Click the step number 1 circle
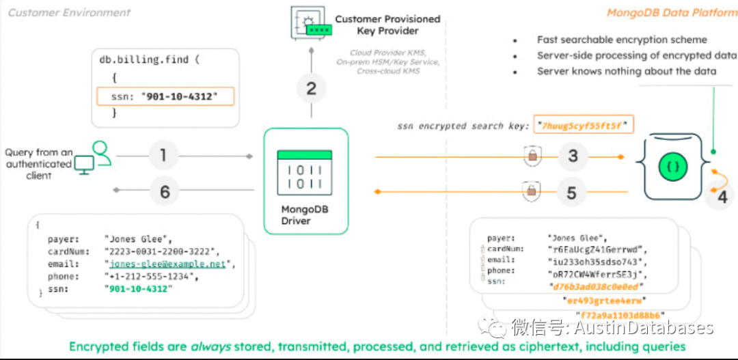coord(163,156)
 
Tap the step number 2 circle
coord(312,87)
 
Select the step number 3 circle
coord(572,156)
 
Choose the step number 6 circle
coord(165,192)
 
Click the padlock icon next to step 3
coord(532,156)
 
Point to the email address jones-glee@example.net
coord(169,264)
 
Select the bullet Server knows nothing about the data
coord(626,71)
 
